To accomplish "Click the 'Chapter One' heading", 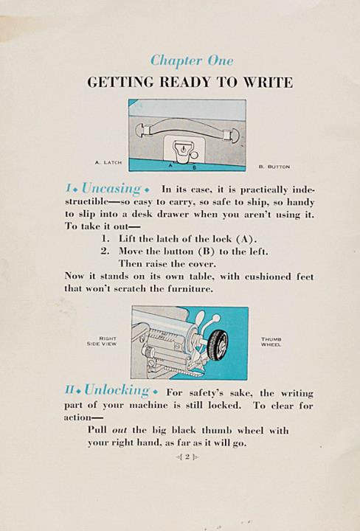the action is click(x=192, y=61).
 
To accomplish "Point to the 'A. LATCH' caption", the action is click(x=108, y=162).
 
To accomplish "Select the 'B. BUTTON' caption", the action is click(x=274, y=167).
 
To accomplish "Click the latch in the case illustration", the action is click(x=182, y=152).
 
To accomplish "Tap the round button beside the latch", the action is click(x=194, y=155).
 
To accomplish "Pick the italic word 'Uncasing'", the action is click(x=111, y=188).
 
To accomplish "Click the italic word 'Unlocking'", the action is click(x=117, y=390).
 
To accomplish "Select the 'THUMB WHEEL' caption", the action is click(x=271, y=341).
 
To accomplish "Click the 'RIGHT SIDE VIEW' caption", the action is click(x=102, y=341).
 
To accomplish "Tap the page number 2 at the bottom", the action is click(x=187, y=457).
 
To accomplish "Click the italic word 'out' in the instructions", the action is click(x=120, y=431).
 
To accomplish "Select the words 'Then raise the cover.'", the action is click(x=167, y=264).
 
